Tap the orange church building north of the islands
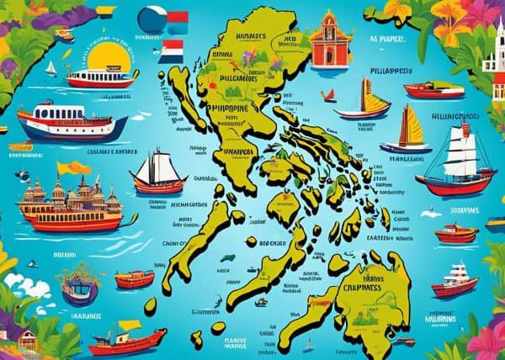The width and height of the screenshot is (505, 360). coord(331,42)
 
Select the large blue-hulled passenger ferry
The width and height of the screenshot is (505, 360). coord(72,122)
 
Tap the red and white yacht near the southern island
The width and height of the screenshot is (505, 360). coord(454,281)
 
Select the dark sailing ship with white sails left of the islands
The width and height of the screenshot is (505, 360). coord(158,173)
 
